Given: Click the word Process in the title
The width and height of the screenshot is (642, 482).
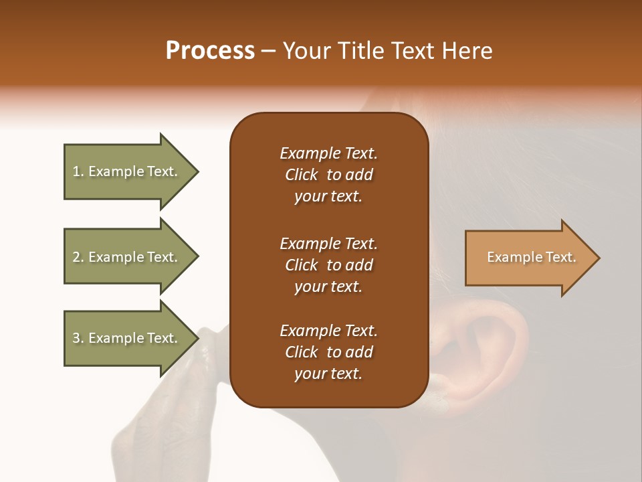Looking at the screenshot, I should coord(210,51).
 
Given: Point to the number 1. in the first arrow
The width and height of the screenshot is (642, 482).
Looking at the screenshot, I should coord(78,171).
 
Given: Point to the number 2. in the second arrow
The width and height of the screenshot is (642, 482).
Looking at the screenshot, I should coord(78,257).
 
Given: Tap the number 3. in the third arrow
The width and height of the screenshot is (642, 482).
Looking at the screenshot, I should coord(78,338).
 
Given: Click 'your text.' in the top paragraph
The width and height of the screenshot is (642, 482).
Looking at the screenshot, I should coord(328,197).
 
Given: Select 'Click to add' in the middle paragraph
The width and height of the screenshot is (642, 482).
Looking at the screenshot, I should coord(328,265).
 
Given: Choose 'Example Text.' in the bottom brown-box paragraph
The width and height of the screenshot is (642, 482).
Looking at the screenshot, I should coord(328,331).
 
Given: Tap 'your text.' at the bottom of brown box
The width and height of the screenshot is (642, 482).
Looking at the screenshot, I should coord(328,374).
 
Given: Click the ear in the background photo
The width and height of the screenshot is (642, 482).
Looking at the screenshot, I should coord(481,355).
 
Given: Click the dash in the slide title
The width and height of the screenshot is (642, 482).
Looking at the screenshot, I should coord(269,51).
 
